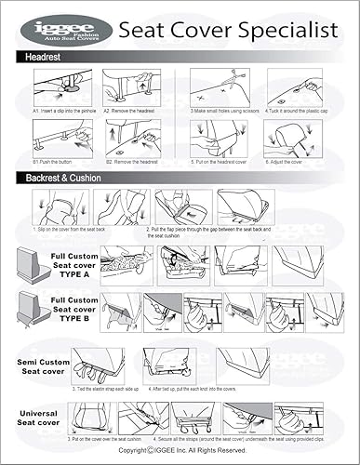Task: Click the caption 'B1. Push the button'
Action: coord(52,161)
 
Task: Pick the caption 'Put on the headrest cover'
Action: coord(222,161)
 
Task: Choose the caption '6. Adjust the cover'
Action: coord(291,161)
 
